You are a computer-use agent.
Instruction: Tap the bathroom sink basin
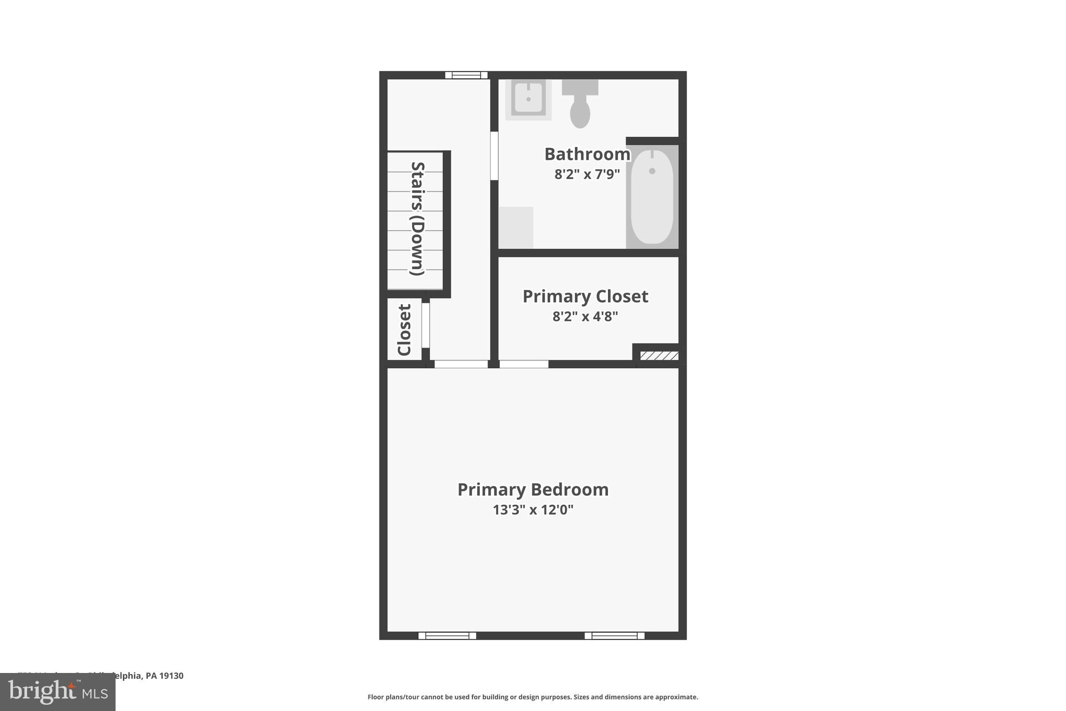(x=528, y=98)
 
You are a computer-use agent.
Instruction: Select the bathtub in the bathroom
(x=652, y=197)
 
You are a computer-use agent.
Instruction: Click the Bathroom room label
(x=587, y=154)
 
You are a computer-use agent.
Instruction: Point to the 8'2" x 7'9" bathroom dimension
(x=587, y=174)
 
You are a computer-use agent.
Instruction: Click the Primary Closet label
(x=585, y=296)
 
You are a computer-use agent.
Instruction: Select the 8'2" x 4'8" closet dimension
(x=585, y=316)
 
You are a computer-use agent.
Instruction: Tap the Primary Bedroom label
(x=533, y=490)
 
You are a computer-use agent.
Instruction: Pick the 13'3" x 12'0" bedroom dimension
(x=533, y=509)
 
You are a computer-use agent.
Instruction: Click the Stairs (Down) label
(x=418, y=219)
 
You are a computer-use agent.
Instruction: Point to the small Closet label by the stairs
(x=404, y=330)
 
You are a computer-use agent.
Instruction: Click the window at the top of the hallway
(x=466, y=75)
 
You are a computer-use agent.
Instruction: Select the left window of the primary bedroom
(x=447, y=635)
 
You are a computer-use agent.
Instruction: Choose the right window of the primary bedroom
(x=614, y=635)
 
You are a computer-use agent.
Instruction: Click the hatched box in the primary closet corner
(x=659, y=356)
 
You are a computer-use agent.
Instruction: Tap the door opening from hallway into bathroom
(x=494, y=156)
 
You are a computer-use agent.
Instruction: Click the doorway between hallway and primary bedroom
(x=461, y=364)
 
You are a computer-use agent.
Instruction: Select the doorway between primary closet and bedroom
(x=524, y=364)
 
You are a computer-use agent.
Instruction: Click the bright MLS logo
(x=58, y=692)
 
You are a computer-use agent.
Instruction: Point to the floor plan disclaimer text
(x=532, y=697)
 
